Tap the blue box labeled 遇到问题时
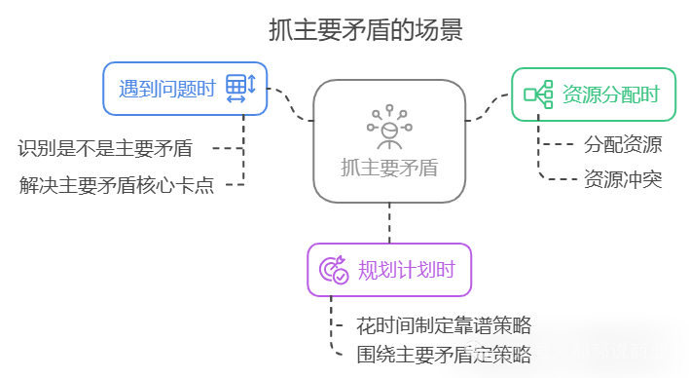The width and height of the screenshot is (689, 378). point(185,89)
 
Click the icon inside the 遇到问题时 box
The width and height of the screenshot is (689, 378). point(239,89)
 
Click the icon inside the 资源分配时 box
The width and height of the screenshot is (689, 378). point(538,94)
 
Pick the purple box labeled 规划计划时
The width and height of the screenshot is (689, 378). point(389,270)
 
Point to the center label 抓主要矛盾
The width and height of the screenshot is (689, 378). point(389,168)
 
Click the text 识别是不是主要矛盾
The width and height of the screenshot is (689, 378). point(105,149)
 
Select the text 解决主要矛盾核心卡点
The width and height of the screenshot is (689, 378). point(116,183)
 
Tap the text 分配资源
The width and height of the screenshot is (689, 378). point(623,145)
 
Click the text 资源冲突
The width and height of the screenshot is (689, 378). point(623,179)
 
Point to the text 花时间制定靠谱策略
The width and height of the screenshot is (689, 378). point(444,325)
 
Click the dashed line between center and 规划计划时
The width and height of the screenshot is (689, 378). point(389,222)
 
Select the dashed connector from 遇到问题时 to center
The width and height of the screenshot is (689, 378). point(290,105)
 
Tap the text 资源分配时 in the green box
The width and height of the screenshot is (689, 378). point(611,94)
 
